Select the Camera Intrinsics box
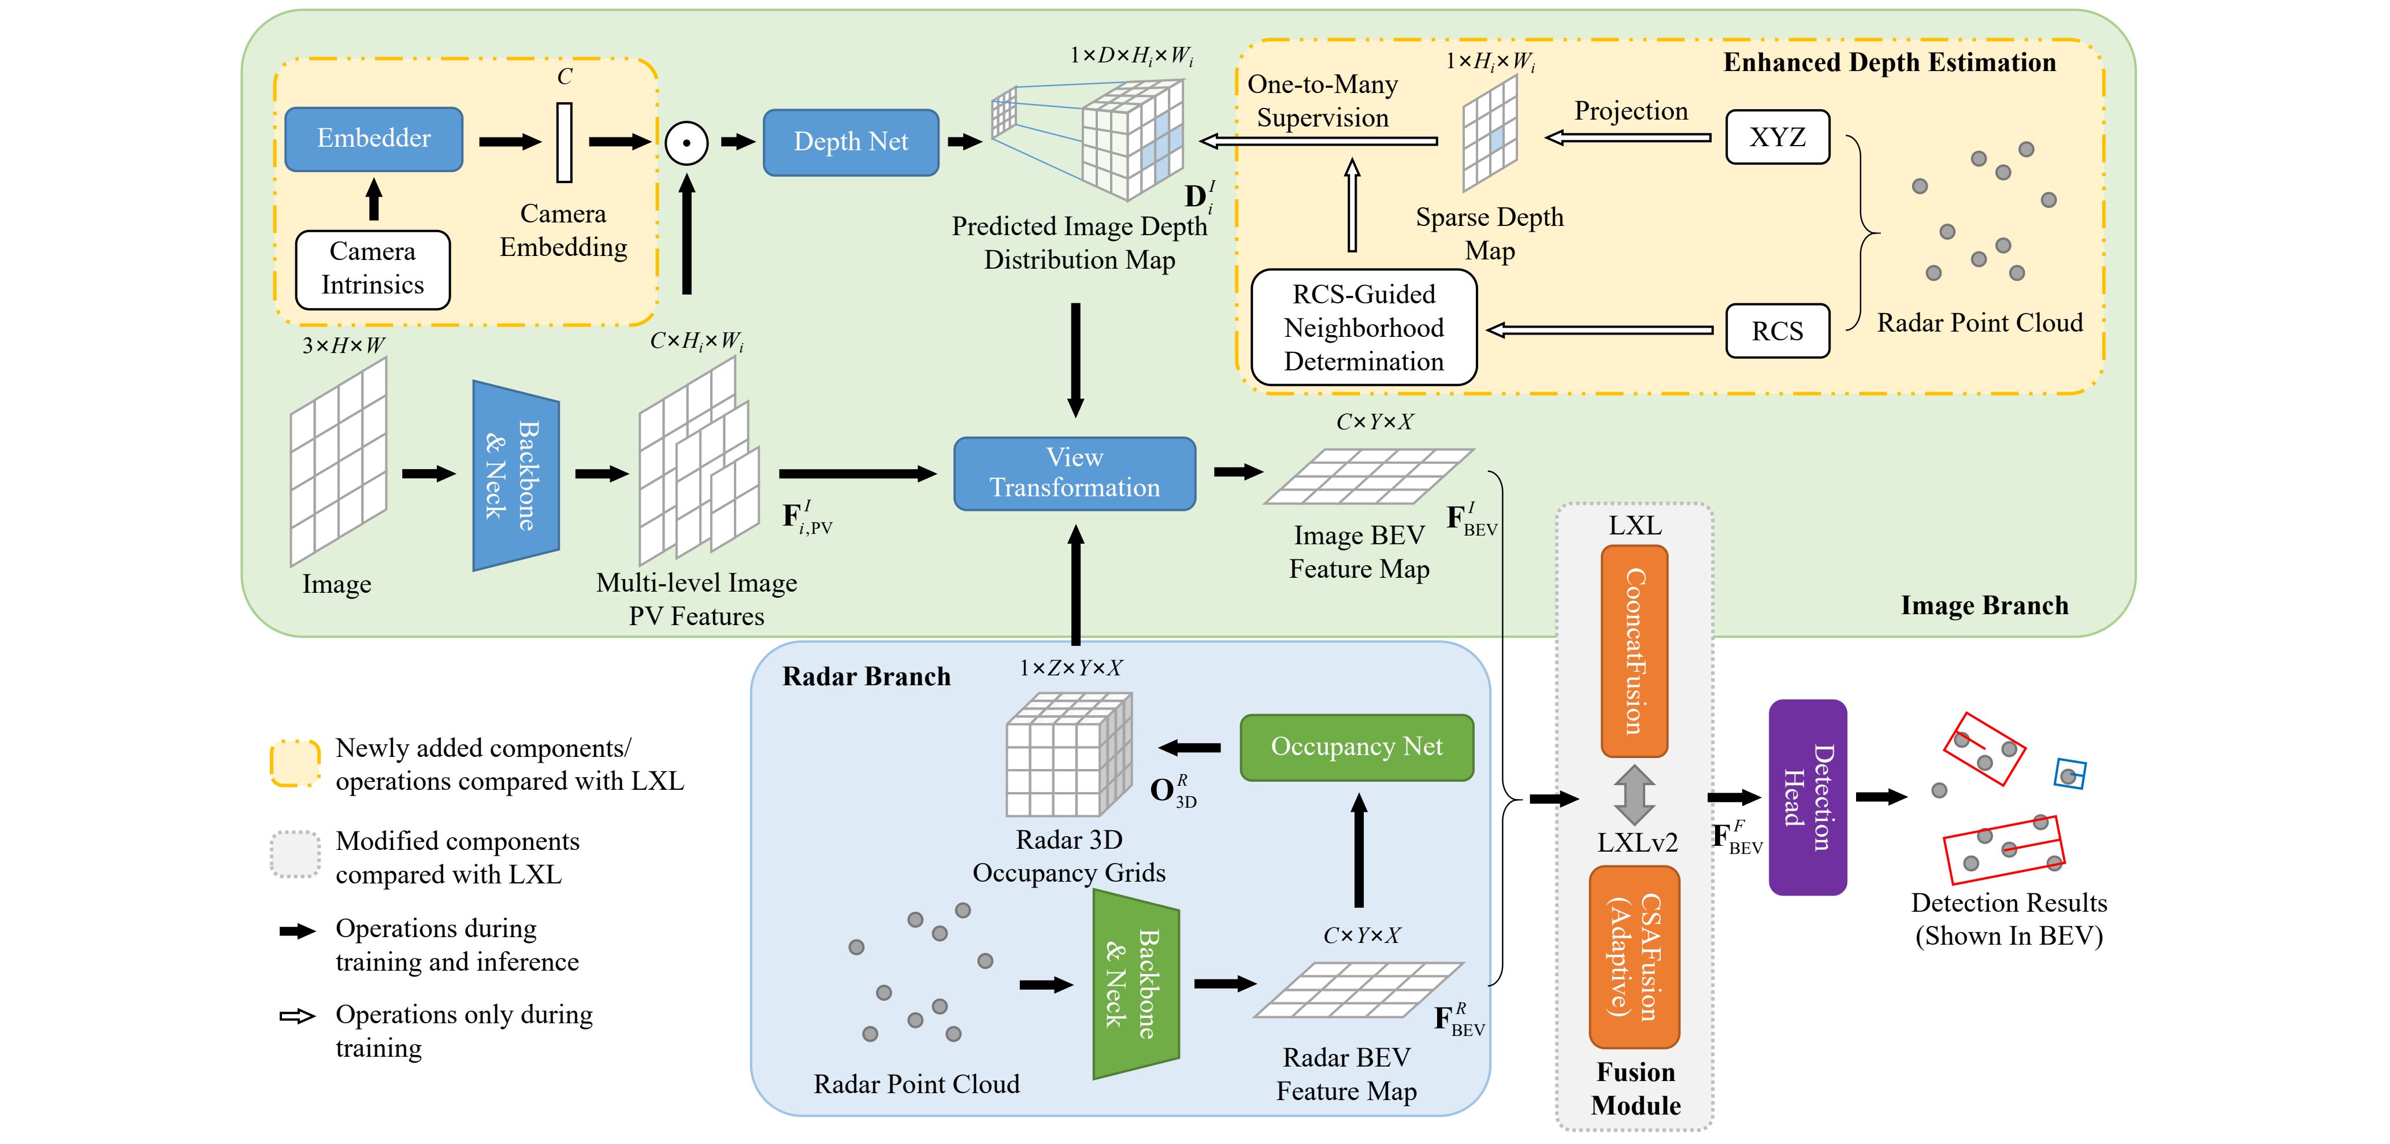(372, 269)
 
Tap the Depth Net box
(850, 142)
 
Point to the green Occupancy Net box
(1356, 747)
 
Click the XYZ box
(1777, 138)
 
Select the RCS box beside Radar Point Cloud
(1777, 331)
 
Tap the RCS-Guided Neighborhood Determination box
(1363, 328)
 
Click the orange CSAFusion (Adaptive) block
(1634, 957)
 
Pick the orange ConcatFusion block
(1634, 651)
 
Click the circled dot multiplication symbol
(686, 143)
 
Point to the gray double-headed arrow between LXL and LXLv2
(1634, 795)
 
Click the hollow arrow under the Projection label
(1628, 138)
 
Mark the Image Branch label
(1984, 606)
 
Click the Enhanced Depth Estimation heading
(1889, 63)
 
